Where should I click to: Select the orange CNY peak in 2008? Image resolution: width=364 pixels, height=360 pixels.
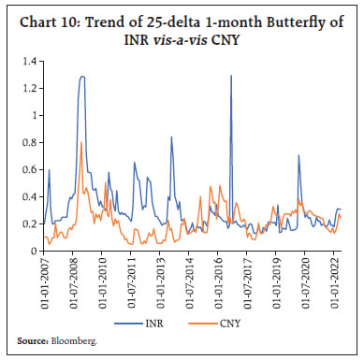[81, 142]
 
